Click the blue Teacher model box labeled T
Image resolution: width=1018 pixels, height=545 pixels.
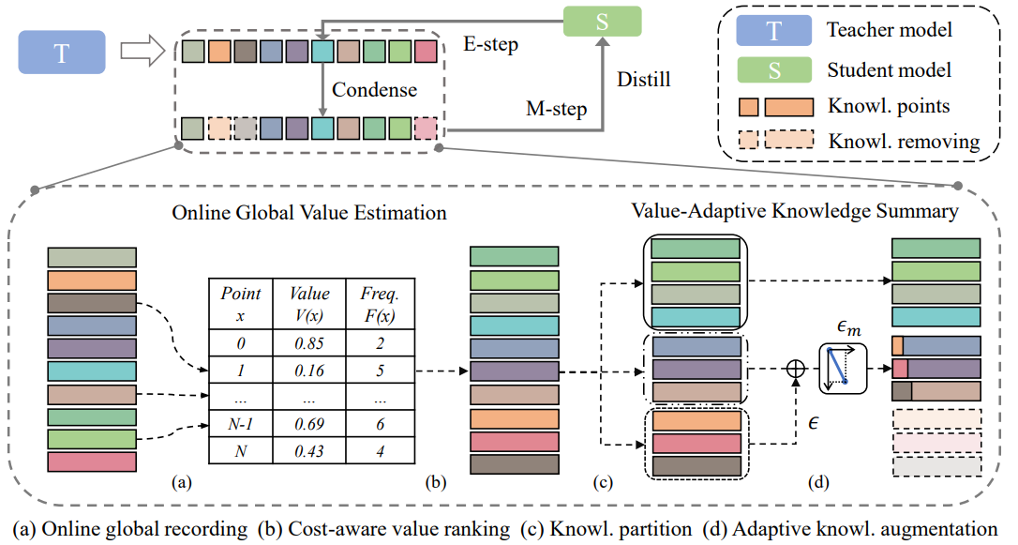tap(62, 53)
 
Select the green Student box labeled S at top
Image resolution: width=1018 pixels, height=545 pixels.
tap(601, 22)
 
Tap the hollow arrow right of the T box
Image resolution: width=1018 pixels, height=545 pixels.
tap(140, 53)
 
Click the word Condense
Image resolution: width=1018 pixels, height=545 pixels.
tap(374, 91)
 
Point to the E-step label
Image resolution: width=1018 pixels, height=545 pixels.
tap(491, 43)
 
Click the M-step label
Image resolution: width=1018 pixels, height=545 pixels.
tap(557, 109)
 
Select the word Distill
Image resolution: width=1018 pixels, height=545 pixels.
tap(643, 80)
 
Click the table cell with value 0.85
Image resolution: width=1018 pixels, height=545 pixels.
tap(309, 343)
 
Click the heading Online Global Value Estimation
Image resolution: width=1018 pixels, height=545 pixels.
tap(309, 213)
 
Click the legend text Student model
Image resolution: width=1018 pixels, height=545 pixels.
tap(890, 69)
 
